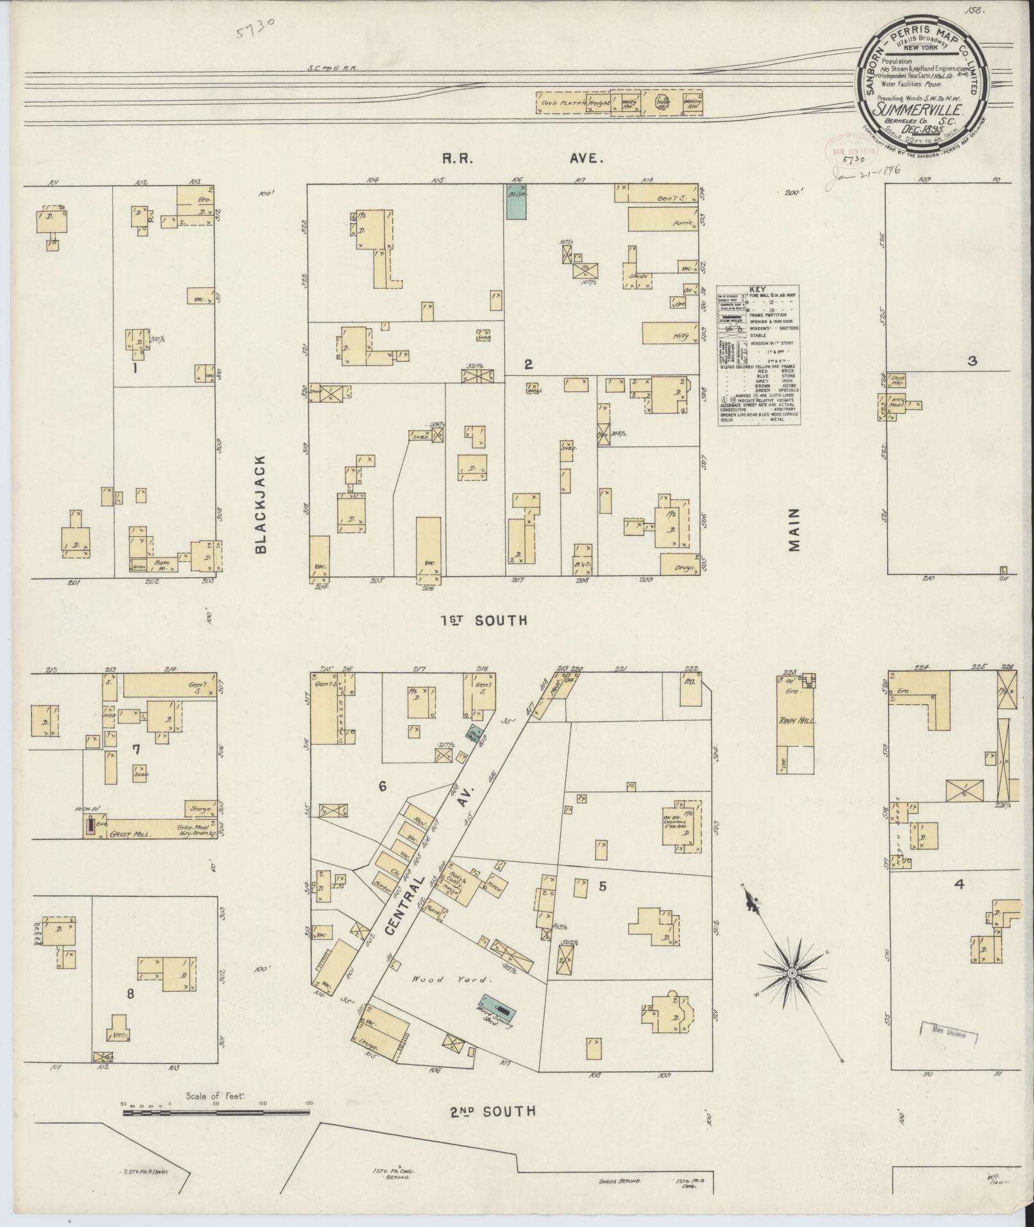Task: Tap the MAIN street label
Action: pyautogui.click(x=795, y=530)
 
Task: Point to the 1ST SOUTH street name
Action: pyautogui.click(x=484, y=620)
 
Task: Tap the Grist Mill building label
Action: pyautogui.click(x=128, y=834)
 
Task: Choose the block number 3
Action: pyautogui.click(x=972, y=361)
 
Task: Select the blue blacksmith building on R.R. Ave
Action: pyautogui.click(x=516, y=202)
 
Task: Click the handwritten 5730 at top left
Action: pyautogui.click(x=256, y=28)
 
